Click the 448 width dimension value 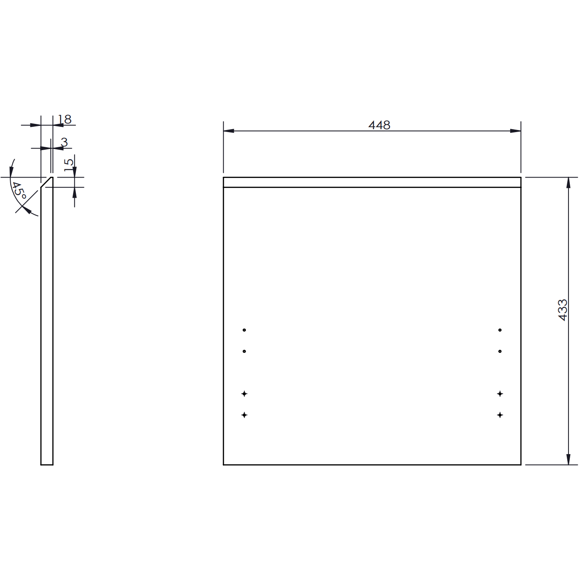(x=379, y=125)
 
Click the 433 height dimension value (x=562, y=310)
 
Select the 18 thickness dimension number (x=64, y=119)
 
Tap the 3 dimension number (x=64, y=142)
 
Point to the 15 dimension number (x=69, y=165)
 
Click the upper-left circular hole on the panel (x=244, y=330)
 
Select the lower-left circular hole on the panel (x=244, y=351)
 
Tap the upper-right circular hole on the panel (x=500, y=330)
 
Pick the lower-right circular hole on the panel (x=500, y=351)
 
